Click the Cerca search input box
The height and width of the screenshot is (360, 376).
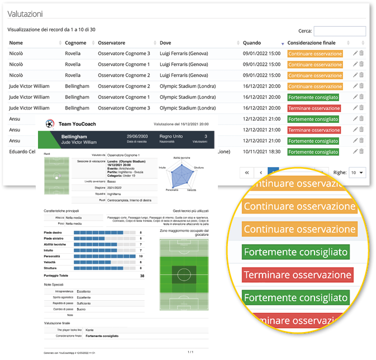tap(340, 31)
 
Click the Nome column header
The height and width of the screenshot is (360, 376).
tap(16, 43)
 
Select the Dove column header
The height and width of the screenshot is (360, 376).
tap(165, 43)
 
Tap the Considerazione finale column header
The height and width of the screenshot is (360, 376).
tap(316, 43)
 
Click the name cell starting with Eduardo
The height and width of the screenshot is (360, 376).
tap(23, 151)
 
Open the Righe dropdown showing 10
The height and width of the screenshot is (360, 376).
tap(356, 173)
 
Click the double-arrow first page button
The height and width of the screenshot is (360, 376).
tap(246, 173)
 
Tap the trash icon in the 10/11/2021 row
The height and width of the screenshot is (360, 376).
tap(361, 151)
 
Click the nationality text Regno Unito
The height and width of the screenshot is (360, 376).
tap(171, 136)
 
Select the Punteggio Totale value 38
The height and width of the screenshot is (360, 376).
tap(141, 276)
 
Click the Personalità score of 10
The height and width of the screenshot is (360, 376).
tap(141, 256)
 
